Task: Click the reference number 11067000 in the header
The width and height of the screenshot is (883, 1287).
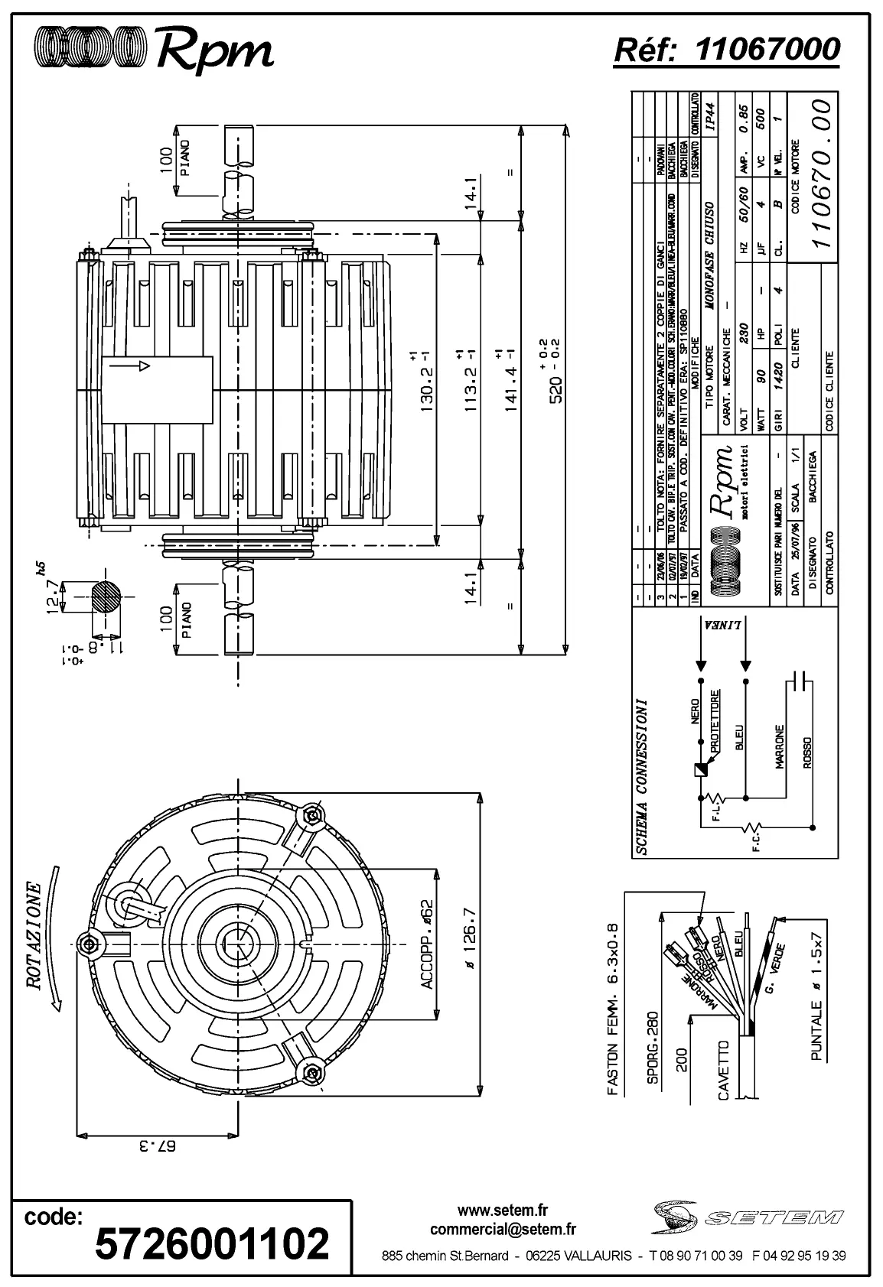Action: (x=767, y=49)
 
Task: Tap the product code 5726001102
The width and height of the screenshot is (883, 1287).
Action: (x=212, y=1243)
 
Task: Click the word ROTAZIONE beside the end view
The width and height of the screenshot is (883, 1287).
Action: (x=34, y=936)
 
